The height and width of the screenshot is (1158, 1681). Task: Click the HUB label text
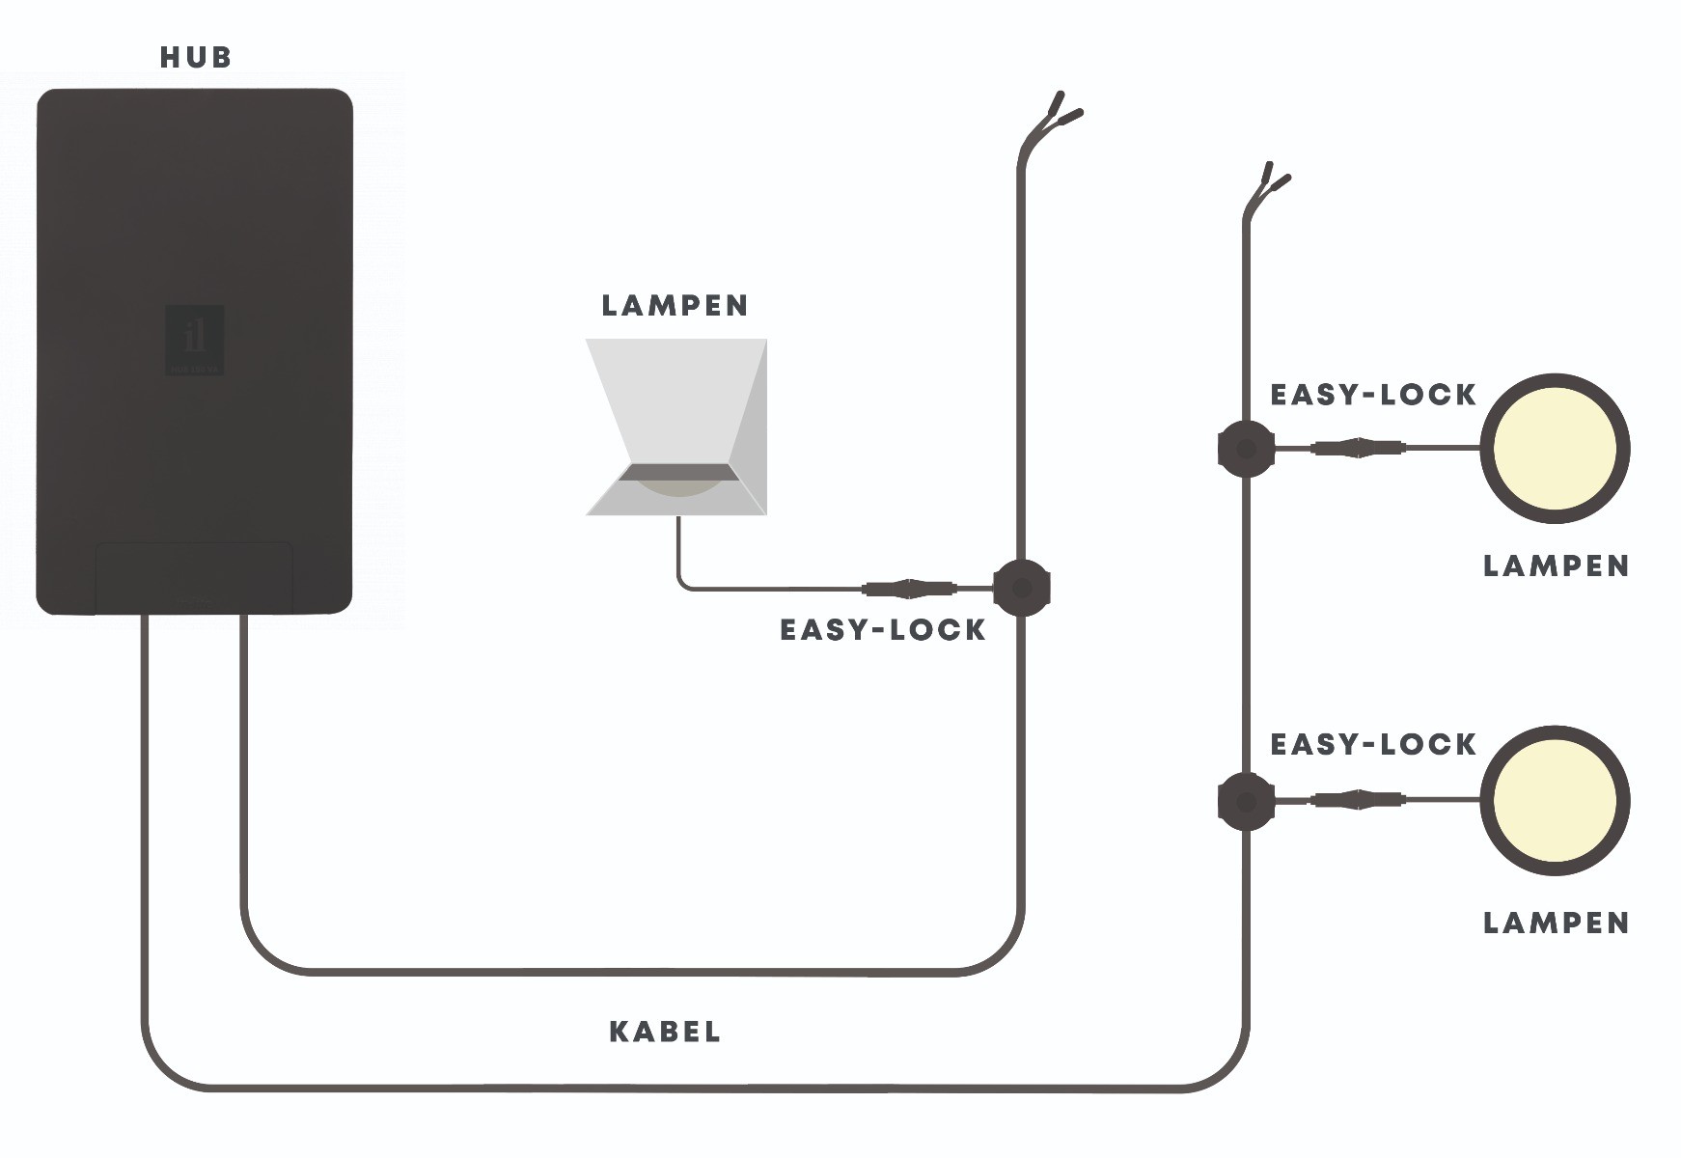(196, 58)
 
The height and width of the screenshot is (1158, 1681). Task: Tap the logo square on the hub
(194, 340)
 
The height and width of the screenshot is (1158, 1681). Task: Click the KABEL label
(665, 1032)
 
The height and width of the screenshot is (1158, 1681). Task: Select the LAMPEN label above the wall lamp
(675, 306)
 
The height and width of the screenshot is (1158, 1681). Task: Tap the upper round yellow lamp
(1555, 449)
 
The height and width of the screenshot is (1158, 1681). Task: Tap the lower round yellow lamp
(1555, 801)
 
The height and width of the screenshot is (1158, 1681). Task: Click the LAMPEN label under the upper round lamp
(1556, 566)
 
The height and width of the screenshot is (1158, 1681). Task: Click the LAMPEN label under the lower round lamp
(1556, 924)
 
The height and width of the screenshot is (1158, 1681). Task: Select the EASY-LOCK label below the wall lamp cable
(882, 630)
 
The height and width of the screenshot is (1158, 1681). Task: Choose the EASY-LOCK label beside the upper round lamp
(1373, 395)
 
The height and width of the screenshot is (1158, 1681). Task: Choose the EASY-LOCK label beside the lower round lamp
(1373, 744)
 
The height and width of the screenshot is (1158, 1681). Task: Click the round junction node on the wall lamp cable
(1021, 587)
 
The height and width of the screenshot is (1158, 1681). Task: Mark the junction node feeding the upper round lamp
(1246, 449)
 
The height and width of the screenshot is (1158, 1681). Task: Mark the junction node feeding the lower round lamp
(1246, 801)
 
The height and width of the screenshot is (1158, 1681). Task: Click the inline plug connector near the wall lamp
(909, 587)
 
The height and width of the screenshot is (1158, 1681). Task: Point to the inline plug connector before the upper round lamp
(1359, 448)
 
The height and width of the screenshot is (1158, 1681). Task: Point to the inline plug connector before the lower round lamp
(1359, 800)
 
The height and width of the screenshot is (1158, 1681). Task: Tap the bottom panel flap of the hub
(195, 576)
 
